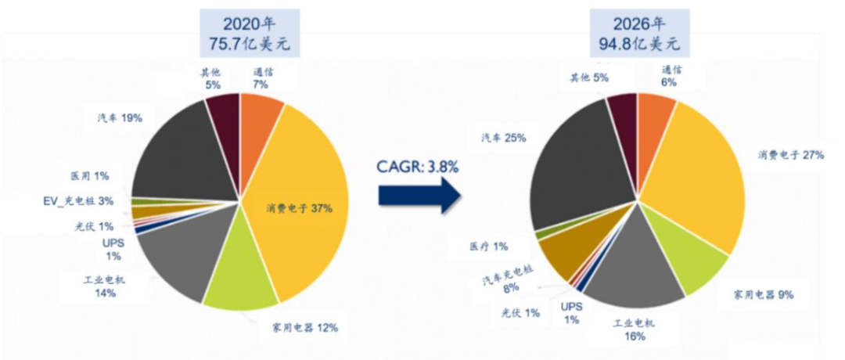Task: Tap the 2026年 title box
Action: coord(638,34)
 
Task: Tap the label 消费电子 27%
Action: coord(790,155)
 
